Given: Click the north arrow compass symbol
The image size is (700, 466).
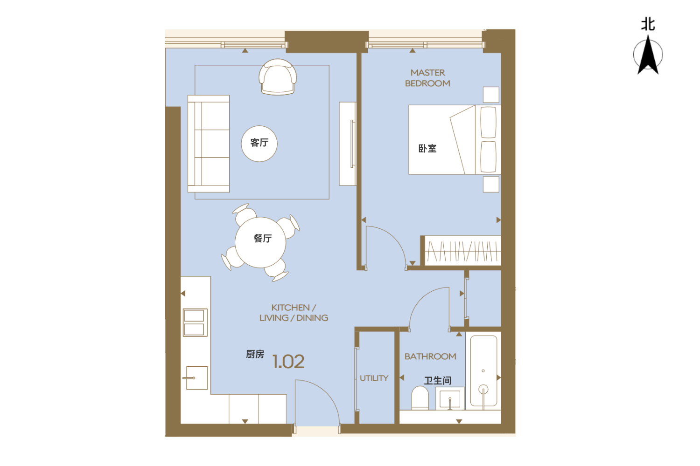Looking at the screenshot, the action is pyautogui.click(x=648, y=55).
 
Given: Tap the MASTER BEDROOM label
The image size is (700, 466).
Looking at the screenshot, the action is pyautogui.click(x=427, y=78).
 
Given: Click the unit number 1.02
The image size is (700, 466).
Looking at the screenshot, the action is pyautogui.click(x=288, y=362).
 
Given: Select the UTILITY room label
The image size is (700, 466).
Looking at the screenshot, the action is pyautogui.click(x=374, y=378).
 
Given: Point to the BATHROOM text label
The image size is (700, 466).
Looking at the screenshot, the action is pyautogui.click(x=430, y=356).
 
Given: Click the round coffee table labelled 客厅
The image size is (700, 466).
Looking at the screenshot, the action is pyautogui.click(x=259, y=144).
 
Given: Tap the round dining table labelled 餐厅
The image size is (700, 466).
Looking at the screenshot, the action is pyautogui.click(x=260, y=242).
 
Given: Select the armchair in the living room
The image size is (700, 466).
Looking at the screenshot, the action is pyautogui.click(x=278, y=77).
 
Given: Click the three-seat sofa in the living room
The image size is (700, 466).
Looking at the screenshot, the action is pyautogui.click(x=209, y=144).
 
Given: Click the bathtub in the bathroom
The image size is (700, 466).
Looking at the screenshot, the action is pyautogui.click(x=483, y=371).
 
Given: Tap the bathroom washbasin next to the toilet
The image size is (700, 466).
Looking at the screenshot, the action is pyautogui.click(x=450, y=398).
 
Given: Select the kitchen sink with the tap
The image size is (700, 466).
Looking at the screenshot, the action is pyautogui.click(x=196, y=378).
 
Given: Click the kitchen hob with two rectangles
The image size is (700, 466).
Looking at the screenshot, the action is pyautogui.click(x=195, y=322).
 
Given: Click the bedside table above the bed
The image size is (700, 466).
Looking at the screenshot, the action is pyautogui.click(x=491, y=95).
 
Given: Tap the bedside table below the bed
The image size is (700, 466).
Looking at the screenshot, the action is pyautogui.click(x=491, y=185).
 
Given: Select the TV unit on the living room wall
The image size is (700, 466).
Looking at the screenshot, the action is pyautogui.click(x=348, y=144).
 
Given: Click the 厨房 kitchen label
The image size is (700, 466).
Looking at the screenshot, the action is pyautogui.click(x=255, y=354).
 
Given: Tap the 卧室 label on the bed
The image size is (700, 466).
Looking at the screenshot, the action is pyautogui.click(x=427, y=149).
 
